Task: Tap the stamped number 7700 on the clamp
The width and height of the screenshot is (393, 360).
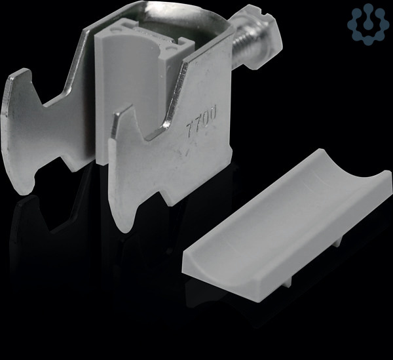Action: click(x=201, y=121)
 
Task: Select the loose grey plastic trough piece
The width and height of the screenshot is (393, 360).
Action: click(x=287, y=222)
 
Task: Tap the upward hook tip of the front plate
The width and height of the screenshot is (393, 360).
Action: click(x=123, y=110)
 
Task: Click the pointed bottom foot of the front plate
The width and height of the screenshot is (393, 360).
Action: click(x=121, y=222)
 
